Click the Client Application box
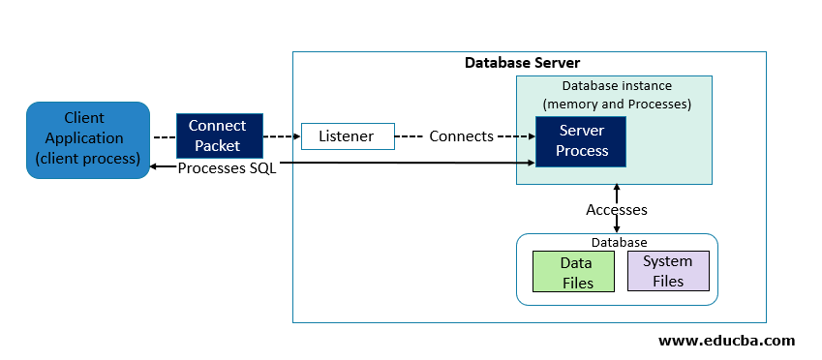pos(88,139)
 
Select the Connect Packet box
pos(217,136)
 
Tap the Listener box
pos(347,136)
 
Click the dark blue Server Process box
pos(582,140)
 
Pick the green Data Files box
pos(576,271)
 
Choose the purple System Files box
pos(668,270)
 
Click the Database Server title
pos(522,63)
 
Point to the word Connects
pos(461,136)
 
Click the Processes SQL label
pos(227,167)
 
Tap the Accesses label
pos(617,209)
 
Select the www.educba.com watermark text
pos(726,341)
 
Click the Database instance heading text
pos(617,86)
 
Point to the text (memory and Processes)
pos(617,104)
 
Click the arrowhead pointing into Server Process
pos(532,136)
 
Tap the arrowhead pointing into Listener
pos(296,136)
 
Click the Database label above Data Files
pos(618,242)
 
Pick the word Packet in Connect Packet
pos(217,146)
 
